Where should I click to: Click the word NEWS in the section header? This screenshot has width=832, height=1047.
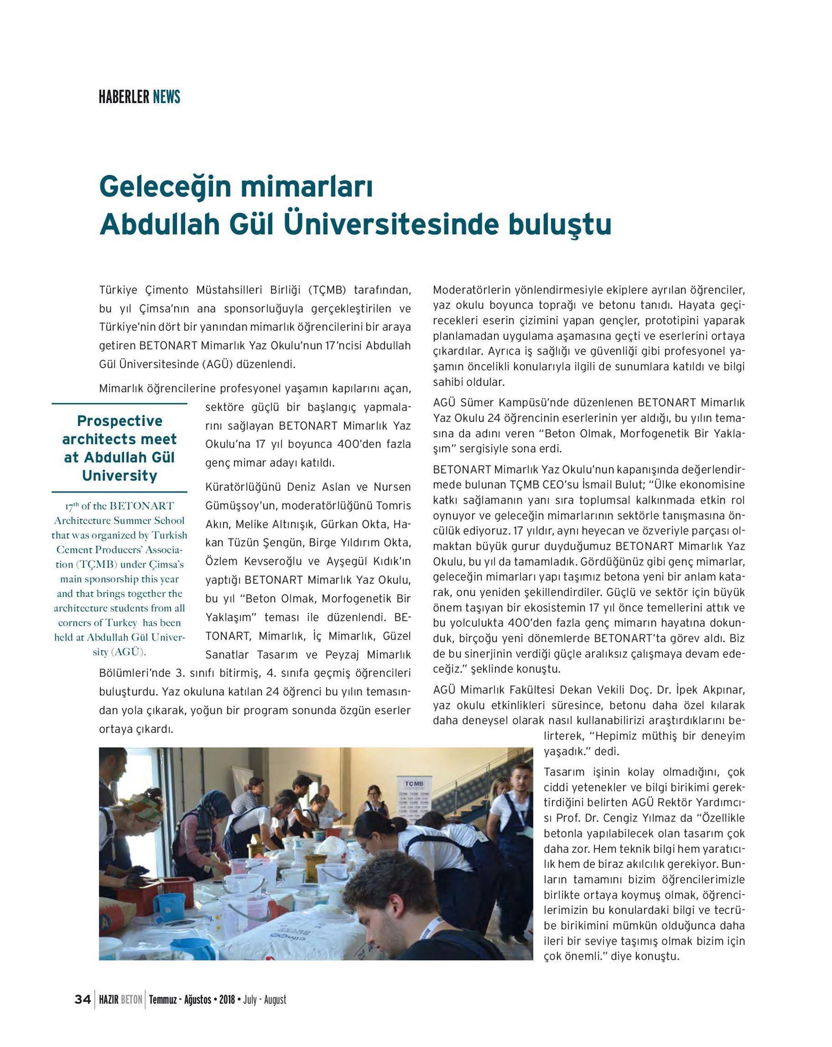point(166,97)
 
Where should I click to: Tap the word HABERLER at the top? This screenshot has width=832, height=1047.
point(124,97)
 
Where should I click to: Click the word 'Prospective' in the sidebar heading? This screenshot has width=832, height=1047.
point(119,420)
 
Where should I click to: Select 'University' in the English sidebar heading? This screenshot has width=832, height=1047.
point(119,475)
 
